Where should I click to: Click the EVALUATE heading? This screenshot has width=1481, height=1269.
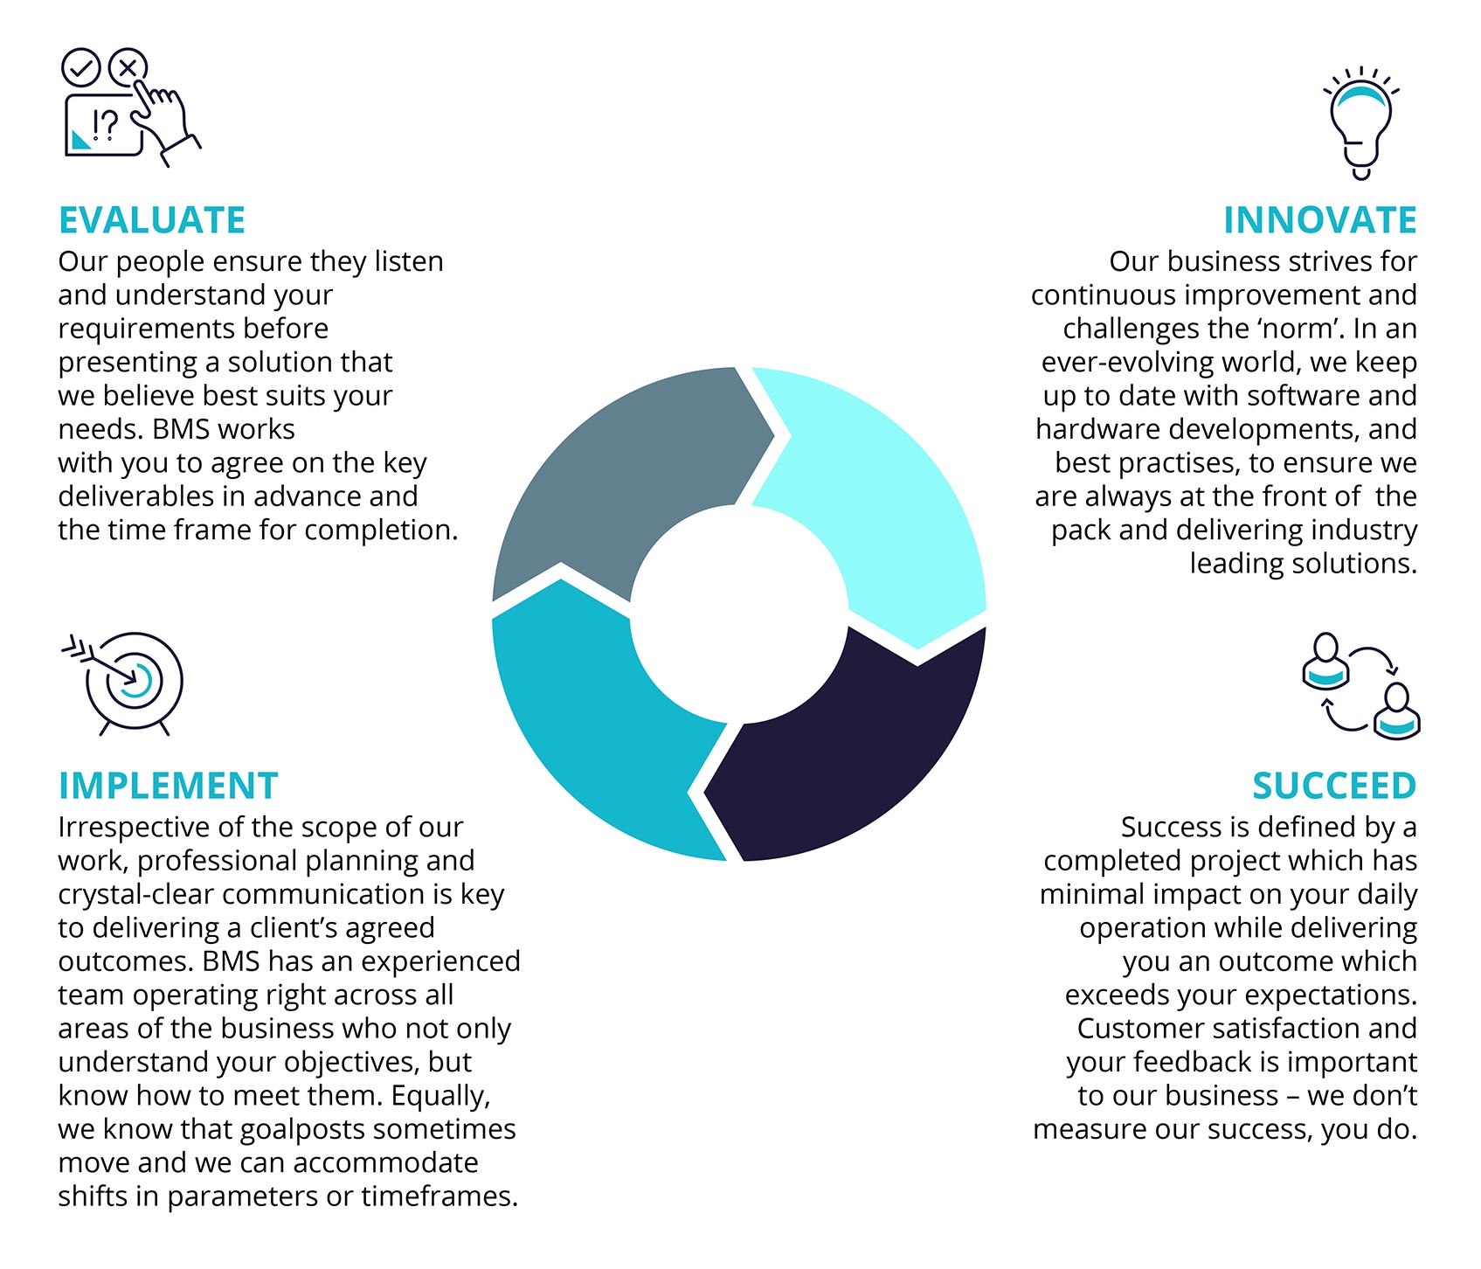152,220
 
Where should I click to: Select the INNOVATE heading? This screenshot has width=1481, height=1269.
1319,220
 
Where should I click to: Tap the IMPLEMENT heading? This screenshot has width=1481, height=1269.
168,786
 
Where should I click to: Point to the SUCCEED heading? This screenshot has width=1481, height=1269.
1334,786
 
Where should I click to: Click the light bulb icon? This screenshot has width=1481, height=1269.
1360,123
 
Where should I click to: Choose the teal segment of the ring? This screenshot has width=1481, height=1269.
603,725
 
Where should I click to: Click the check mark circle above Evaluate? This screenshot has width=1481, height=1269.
81,67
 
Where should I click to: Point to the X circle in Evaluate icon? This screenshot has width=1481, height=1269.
128,66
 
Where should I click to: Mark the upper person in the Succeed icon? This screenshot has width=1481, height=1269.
1325,660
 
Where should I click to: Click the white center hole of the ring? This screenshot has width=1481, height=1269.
739,614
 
